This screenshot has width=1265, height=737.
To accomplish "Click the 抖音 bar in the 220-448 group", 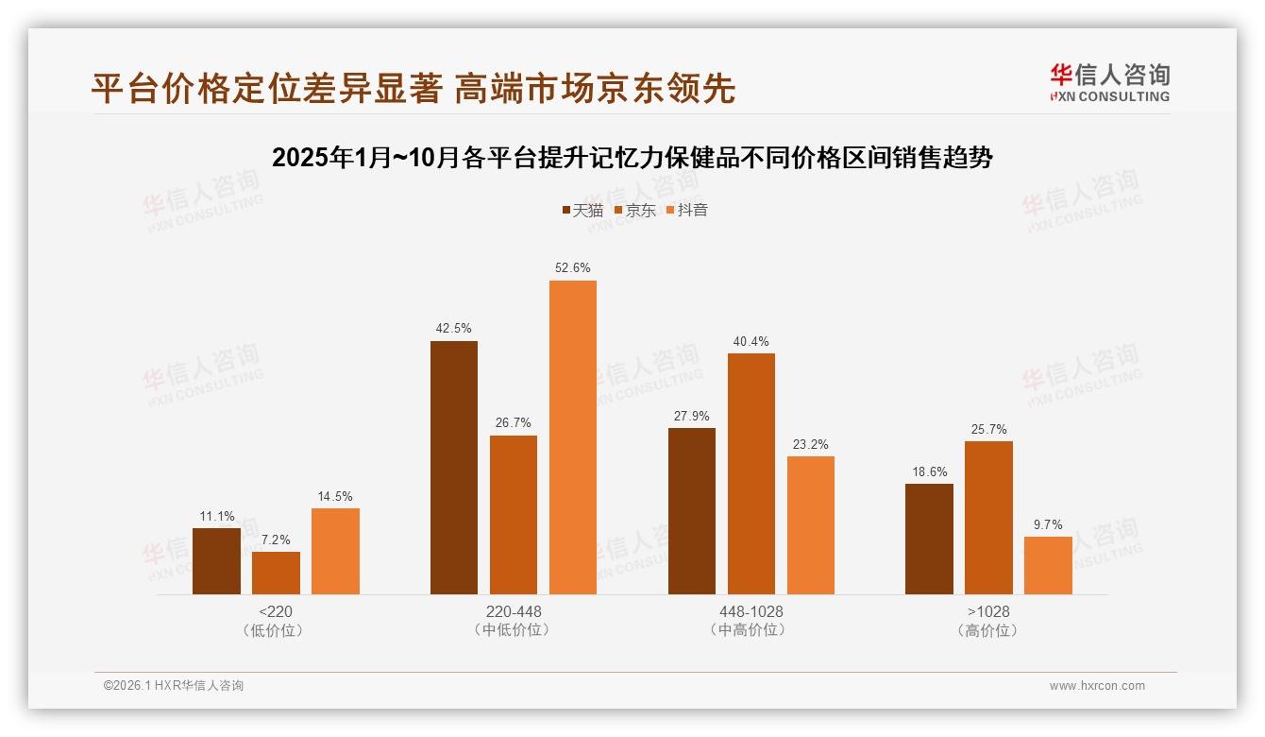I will click(x=573, y=437).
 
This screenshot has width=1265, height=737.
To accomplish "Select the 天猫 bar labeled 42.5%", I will click(x=454, y=468).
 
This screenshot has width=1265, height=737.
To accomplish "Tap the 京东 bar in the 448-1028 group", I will click(x=751, y=473).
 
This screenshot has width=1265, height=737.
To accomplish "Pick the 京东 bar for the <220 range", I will click(x=276, y=573).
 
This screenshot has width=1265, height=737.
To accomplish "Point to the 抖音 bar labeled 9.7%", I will click(x=1048, y=565).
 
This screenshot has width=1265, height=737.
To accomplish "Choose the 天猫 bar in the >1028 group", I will click(x=929, y=539).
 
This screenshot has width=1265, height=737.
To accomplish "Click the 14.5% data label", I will click(x=335, y=497).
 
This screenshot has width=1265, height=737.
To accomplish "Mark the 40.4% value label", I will click(x=751, y=342).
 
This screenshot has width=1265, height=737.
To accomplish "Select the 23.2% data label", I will click(x=811, y=444).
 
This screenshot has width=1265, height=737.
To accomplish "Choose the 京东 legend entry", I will click(x=634, y=210).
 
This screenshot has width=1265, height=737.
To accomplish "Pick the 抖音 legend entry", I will click(x=686, y=210).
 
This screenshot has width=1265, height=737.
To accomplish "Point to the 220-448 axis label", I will click(x=514, y=611).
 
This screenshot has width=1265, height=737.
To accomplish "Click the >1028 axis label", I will click(x=988, y=611).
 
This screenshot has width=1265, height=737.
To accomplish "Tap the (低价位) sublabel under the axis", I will click(x=276, y=630).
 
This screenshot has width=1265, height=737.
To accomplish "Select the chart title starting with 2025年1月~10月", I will click(x=632, y=158).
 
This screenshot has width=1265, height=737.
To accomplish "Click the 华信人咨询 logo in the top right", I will click(x=1109, y=82).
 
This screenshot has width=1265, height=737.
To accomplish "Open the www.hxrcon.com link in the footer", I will click(x=1097, y=686).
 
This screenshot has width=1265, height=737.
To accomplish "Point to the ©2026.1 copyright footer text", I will click(x=174, y=686).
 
